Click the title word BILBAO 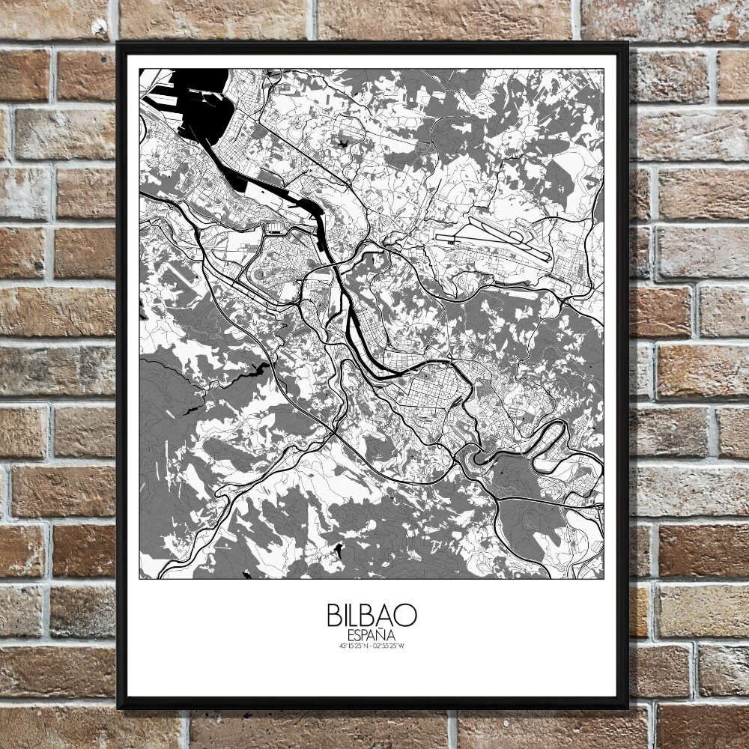372,615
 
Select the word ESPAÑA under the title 372,635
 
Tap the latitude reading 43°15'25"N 354,646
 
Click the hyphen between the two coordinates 372,646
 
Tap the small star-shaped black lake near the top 344,142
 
